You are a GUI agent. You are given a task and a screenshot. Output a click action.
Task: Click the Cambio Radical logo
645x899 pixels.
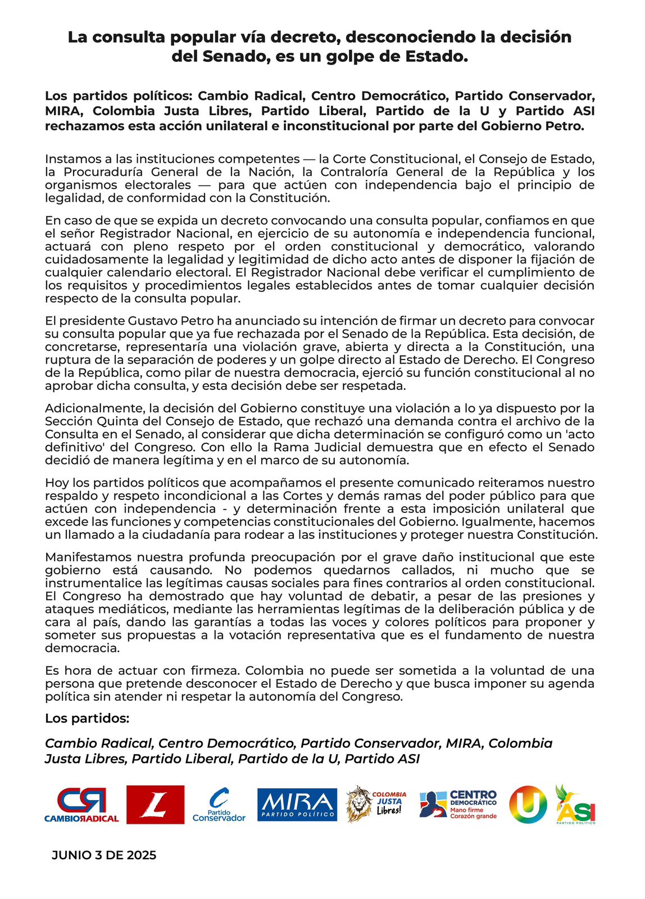82,805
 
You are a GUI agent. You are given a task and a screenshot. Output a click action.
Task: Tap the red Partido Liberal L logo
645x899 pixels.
155,805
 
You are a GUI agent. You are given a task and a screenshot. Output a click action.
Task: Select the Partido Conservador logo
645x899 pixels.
219,805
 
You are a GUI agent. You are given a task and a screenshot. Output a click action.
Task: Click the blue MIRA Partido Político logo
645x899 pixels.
297,805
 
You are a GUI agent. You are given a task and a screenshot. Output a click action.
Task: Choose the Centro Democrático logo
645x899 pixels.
459,804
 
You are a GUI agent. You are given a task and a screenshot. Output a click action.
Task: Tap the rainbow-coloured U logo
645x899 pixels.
528,805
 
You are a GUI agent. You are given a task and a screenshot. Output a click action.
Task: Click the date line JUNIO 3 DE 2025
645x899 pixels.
104,855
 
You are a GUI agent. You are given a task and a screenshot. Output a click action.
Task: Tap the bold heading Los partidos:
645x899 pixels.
87,719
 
